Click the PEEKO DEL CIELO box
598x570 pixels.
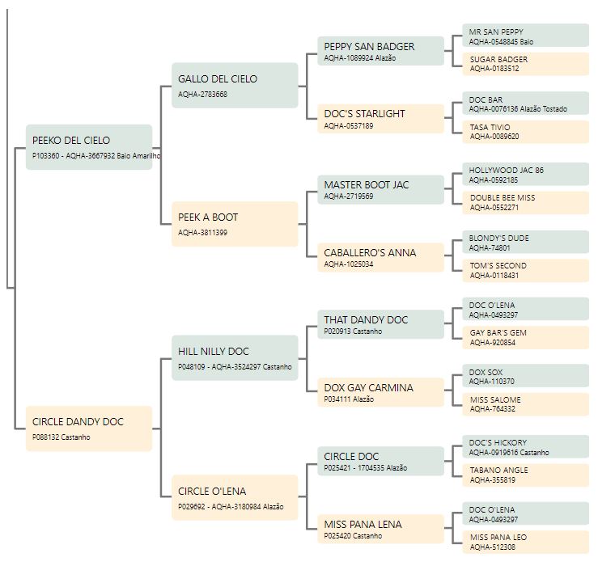[x=89, y=147]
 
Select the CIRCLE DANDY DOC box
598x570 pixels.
[x=89, y=429]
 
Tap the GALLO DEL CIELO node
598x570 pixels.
[x=235, y=86]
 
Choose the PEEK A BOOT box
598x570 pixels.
[x=235, y=224]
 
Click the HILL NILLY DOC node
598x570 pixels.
[x=235, y=358]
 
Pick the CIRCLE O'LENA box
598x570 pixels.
[x=235, y=497]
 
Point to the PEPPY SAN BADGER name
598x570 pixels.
[x=369, y=46]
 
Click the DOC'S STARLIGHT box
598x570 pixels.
[x=380, y=119]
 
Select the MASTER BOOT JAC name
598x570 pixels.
[x=366, y=185]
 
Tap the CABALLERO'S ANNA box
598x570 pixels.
[x=380, y=258]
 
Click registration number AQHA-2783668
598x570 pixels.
[x=202, y=94]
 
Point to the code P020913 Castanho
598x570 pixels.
[x=353, y=331]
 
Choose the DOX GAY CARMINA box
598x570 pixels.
[x=380, y=392]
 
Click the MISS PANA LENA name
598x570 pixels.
[x=363, y=524]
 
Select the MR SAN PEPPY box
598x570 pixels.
[x=525, y=36]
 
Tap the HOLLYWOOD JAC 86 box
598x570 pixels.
[x=525, y=174]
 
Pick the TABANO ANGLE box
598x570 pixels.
[x=525, y=475]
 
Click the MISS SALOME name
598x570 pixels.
[x=495, y=399]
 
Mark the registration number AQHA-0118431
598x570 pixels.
[x=494, y=275]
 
